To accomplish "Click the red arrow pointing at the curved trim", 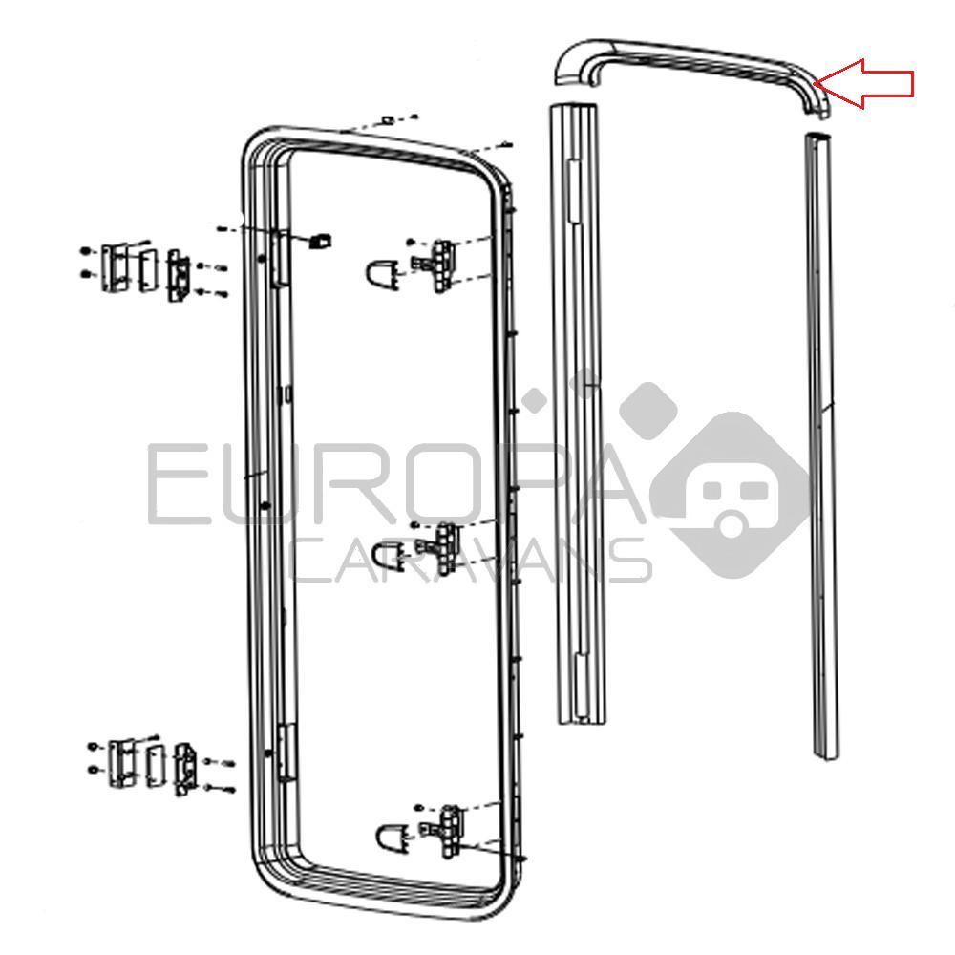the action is point(865,83).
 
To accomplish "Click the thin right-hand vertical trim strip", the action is point(822,445).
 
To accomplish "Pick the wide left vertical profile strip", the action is point(578,414).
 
